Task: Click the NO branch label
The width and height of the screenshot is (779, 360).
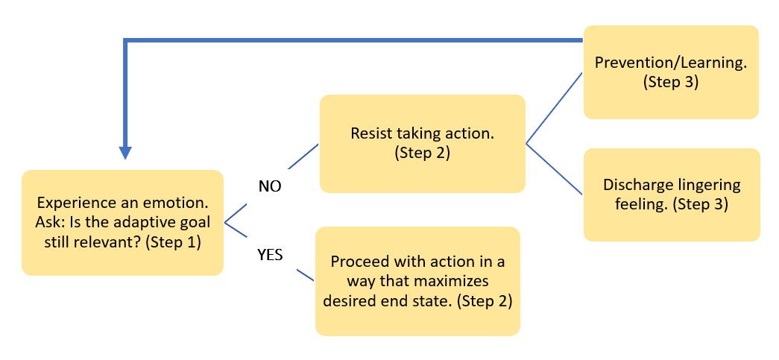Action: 269,186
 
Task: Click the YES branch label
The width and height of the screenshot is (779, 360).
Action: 269,255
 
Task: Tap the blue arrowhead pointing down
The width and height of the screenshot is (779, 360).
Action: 126,151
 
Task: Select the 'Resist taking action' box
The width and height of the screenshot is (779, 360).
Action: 423,144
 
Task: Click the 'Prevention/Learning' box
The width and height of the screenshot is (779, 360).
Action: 670,72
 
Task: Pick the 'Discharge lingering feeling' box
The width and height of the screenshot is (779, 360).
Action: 671,194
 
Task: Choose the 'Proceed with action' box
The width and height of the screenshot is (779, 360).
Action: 417,281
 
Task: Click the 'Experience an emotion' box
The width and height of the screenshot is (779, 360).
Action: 123,222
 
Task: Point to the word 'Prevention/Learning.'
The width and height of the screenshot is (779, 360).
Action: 670,63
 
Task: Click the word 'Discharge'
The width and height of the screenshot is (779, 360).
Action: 634,185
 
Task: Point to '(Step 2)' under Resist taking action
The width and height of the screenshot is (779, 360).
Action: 423,154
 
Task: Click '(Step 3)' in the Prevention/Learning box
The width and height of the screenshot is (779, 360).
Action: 670,82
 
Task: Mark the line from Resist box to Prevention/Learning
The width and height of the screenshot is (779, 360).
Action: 555,107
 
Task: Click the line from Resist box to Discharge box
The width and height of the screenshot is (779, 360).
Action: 555,170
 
